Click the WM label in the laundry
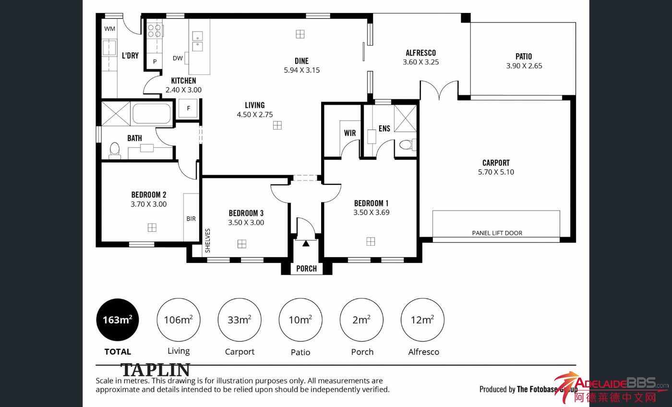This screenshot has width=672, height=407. point(109,29)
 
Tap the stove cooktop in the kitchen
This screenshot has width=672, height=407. point(155,31)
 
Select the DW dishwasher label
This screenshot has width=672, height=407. point(178,58)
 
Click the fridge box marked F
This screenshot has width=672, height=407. point(188,108)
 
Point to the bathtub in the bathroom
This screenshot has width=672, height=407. point(152,113)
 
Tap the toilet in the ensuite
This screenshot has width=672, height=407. point(408,145)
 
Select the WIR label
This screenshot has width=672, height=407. point(350,133)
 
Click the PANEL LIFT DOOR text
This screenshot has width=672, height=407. point(497,233)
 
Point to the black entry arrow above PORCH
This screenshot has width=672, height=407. point(306,243)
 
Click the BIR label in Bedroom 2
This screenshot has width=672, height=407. point(191,219)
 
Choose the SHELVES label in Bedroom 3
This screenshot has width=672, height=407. point(207,240)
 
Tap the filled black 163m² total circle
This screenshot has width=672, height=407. point(118,320)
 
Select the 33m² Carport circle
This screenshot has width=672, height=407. point(240,320)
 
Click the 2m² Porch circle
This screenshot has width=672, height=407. point(361,320)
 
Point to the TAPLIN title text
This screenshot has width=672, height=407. point(156,370)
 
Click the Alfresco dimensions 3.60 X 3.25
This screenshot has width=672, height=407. point(420,62)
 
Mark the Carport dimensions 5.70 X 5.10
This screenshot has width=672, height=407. point(496,172)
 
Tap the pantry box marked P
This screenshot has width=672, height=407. point(155,61)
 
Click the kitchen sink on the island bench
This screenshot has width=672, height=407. point(197,41)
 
